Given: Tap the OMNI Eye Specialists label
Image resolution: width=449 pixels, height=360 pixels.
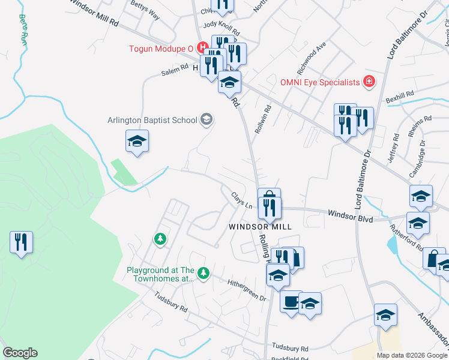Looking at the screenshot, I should tap(319, 82).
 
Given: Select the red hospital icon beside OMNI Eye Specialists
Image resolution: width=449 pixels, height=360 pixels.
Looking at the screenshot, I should tap(369, 82).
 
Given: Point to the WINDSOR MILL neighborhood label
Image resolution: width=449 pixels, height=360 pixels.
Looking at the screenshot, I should tap(260, 227).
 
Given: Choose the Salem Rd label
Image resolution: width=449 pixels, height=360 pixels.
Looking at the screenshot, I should tap(175, 71).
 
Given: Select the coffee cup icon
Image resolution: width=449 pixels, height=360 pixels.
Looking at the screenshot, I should tap(291, 301).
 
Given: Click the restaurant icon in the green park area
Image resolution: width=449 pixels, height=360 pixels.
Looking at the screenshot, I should tap(21, 242).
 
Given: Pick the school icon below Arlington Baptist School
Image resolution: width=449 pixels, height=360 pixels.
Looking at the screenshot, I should tap(137, 142).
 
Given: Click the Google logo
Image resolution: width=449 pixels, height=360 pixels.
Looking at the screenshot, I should tap(20, 353).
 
